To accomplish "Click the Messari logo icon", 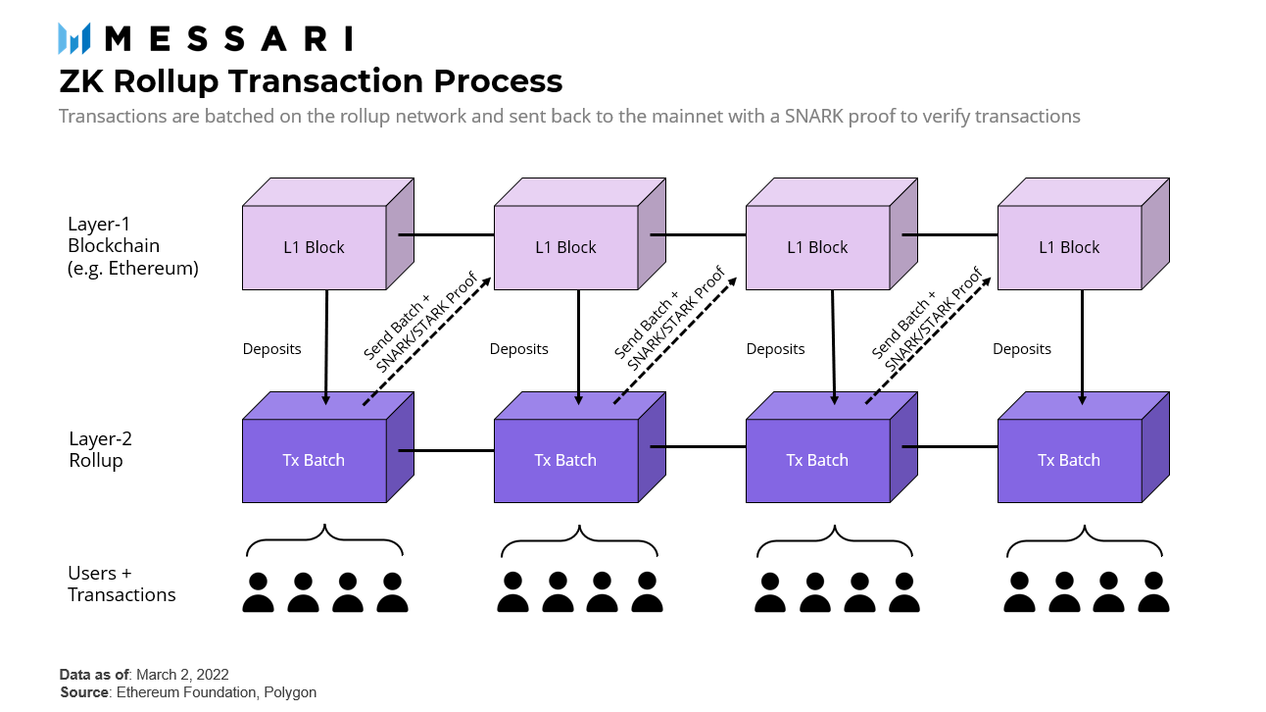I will pyautogui.click(x=74, y=38).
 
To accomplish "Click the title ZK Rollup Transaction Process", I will pyautogui.click(x=311, y=80).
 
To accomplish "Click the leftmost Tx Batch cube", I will pyautogui.click(x=315, y=460).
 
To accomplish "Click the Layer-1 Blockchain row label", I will pyautogui.click(x=133, y=245).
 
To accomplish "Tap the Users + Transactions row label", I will pyautogui.click(x=122, y=584).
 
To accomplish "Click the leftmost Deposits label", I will pyautogui.click(x=271, y=349).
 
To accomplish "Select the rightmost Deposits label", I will pyautogui.click(x=1021, y=349).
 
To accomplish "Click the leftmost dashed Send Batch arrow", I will pyautogui.click(x=423, y=338).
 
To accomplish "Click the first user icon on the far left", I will pyautogui.click(x=259, y=592).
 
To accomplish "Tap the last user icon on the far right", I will pyautogui.click(x=1153, y=592).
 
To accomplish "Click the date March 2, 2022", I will pyautogui.click(x=182, y=675).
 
